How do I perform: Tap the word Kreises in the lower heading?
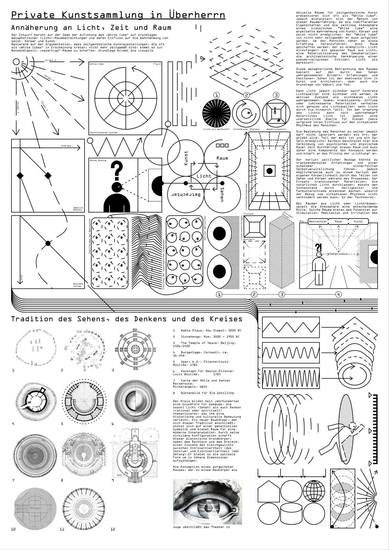pos(226,319)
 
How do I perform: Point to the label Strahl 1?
pos(51,60)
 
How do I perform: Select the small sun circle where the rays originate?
pos(16,62)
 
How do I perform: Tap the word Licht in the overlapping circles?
pos(204,176)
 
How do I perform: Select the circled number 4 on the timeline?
pos(338,294)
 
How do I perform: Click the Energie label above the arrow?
pos(66,146)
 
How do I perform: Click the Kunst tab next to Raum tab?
pos(359,221)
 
